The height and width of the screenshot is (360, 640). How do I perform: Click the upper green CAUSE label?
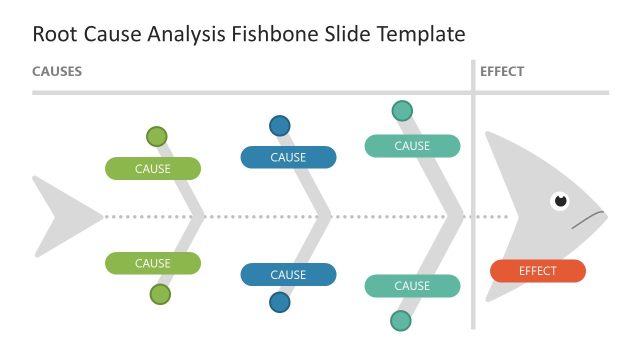[x=153, y=169]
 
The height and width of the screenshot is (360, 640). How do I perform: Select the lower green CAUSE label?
[x=153, y=264]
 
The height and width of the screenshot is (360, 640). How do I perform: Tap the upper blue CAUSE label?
[x=288, y=157]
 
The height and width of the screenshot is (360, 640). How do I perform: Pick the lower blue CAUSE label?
[x=288, y=274]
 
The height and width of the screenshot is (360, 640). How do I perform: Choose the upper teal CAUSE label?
[x=412, y=146]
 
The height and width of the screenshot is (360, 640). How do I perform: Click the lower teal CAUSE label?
[x=412, y=286]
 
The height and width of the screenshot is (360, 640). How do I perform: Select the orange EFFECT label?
[x=538, y=271]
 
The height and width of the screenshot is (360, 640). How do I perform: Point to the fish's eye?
[x=561, y=201]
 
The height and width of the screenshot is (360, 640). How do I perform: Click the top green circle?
[x=157, y=137]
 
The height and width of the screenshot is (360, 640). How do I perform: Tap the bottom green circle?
[x=160, y=294]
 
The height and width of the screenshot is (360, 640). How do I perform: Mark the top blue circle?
[x=280, y=126]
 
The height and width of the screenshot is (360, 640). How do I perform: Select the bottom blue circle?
[x=280, y=303]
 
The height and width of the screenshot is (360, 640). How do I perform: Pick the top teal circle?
[x=402, y=110]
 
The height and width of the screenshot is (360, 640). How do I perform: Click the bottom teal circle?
[x=401, y=321]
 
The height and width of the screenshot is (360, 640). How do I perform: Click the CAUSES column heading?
[x=57, y=72]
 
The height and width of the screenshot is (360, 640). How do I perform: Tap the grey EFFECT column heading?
[x=502, y=72]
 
